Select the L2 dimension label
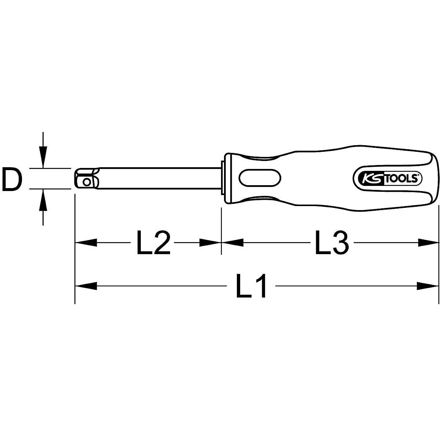153,243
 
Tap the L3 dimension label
331,243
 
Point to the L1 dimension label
252,286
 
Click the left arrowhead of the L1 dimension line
86,286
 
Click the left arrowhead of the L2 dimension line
86,242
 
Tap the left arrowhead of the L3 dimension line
232,242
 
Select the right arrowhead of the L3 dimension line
428,242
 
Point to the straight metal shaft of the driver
158,179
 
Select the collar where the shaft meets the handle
223,179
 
